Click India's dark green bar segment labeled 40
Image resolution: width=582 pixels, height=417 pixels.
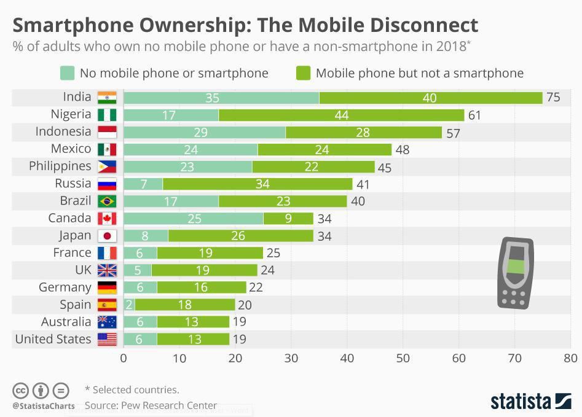tap(430, 98)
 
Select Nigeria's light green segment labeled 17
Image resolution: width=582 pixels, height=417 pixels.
tap(171, 115)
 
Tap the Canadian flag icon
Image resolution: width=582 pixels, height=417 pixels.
tap(107, 219)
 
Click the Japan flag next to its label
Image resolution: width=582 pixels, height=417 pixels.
tap(107, 236)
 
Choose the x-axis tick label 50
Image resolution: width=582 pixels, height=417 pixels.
tap(403, 359)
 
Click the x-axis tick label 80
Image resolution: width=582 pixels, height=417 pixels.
tap(570, 359)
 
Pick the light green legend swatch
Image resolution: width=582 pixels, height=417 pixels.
tap(67, 73)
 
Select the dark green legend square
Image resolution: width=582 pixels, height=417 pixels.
tap(303, 73)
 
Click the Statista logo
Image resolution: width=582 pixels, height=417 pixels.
tap(530, 402)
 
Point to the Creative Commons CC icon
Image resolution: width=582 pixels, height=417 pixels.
tap(20, 391)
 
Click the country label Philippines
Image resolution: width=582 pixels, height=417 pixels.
tap(60, 166)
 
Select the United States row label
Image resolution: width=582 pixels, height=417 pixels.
tap(53, 339)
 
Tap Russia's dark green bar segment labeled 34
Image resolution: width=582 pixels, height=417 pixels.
tap(258, 184)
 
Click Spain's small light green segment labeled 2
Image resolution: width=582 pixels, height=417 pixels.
tap(129, 305)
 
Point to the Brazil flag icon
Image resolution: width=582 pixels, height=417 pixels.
tap(107, 201)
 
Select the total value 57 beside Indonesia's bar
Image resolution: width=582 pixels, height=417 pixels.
tap(453, 133)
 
